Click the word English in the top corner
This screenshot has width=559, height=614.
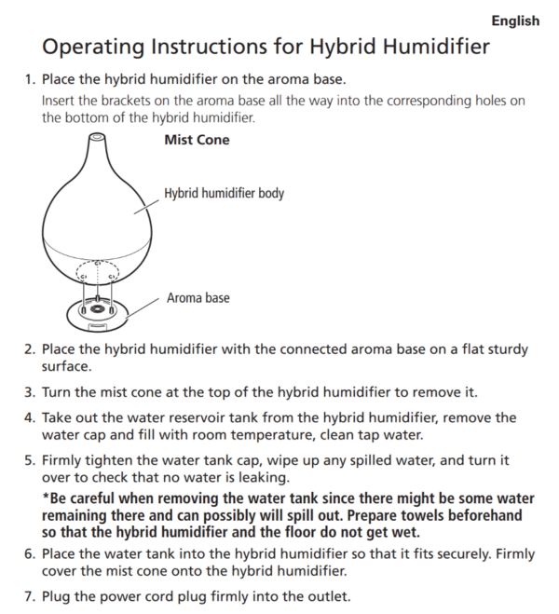pos(515,20)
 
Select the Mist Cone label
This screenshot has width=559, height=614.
pos(197,140)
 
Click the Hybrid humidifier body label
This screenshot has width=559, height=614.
pos(224,194)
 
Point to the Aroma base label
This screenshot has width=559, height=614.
pos(198,298)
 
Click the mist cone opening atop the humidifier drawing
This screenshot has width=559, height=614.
pos(95,138)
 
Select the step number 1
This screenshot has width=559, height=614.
pos(29,80)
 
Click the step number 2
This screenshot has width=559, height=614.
pos(29,349)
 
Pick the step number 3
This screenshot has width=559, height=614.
pos(29,392)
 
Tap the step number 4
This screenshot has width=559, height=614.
pos(29,418)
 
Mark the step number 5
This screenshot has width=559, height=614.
pos(29,460)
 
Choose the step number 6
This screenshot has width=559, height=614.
pos(29,553)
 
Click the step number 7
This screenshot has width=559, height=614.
pos(29,595)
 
